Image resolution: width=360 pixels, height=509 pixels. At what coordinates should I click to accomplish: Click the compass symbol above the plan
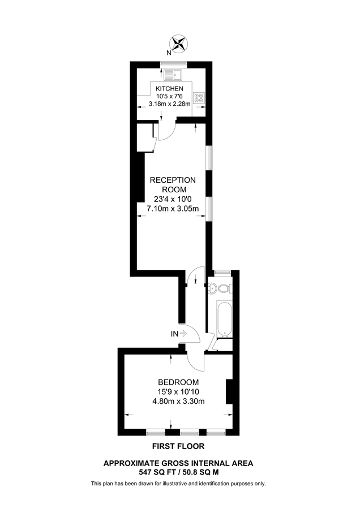[179, 44]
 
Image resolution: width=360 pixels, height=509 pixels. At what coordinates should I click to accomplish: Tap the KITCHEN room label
[169, 89]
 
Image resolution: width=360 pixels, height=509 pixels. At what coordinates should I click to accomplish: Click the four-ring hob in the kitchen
[199, 97]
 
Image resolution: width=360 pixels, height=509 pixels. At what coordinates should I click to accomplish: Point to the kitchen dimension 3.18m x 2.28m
[170, 103]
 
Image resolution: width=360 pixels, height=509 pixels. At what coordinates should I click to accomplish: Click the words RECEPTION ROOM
[173, 184]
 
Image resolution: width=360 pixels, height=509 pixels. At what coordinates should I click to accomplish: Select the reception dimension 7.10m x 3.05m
[173, 209]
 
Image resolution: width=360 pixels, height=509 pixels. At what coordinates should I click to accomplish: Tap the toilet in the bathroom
[223, 288]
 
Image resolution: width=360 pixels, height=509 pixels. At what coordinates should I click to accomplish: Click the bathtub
[222, 318]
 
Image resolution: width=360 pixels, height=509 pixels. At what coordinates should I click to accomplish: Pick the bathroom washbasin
[212, 288]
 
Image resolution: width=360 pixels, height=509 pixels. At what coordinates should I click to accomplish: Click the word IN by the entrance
[174, 334]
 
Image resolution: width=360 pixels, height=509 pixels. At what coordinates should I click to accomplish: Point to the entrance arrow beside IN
[183, 334]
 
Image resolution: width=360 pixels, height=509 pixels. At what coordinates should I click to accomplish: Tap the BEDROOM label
[178, 382]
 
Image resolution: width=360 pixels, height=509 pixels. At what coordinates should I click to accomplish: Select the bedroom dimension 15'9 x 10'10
[178, 391]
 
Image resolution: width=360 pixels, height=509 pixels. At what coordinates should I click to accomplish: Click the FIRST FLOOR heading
[178, 446]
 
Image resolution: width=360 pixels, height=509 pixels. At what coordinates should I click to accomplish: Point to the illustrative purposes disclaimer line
[178, 484]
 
